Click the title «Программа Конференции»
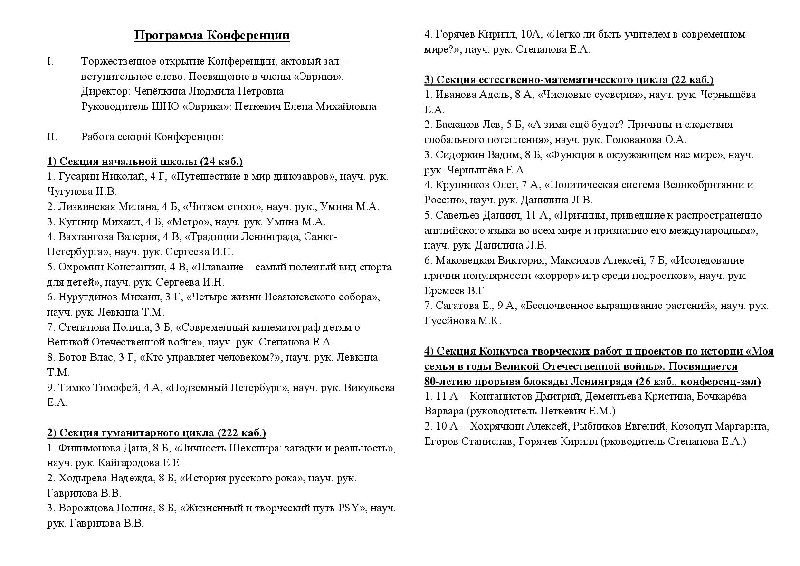[212, 36]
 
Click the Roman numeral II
[52, 137]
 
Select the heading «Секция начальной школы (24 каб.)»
[145, 162]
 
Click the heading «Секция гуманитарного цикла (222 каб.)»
[156, 433]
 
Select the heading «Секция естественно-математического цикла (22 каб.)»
[569, 79]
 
